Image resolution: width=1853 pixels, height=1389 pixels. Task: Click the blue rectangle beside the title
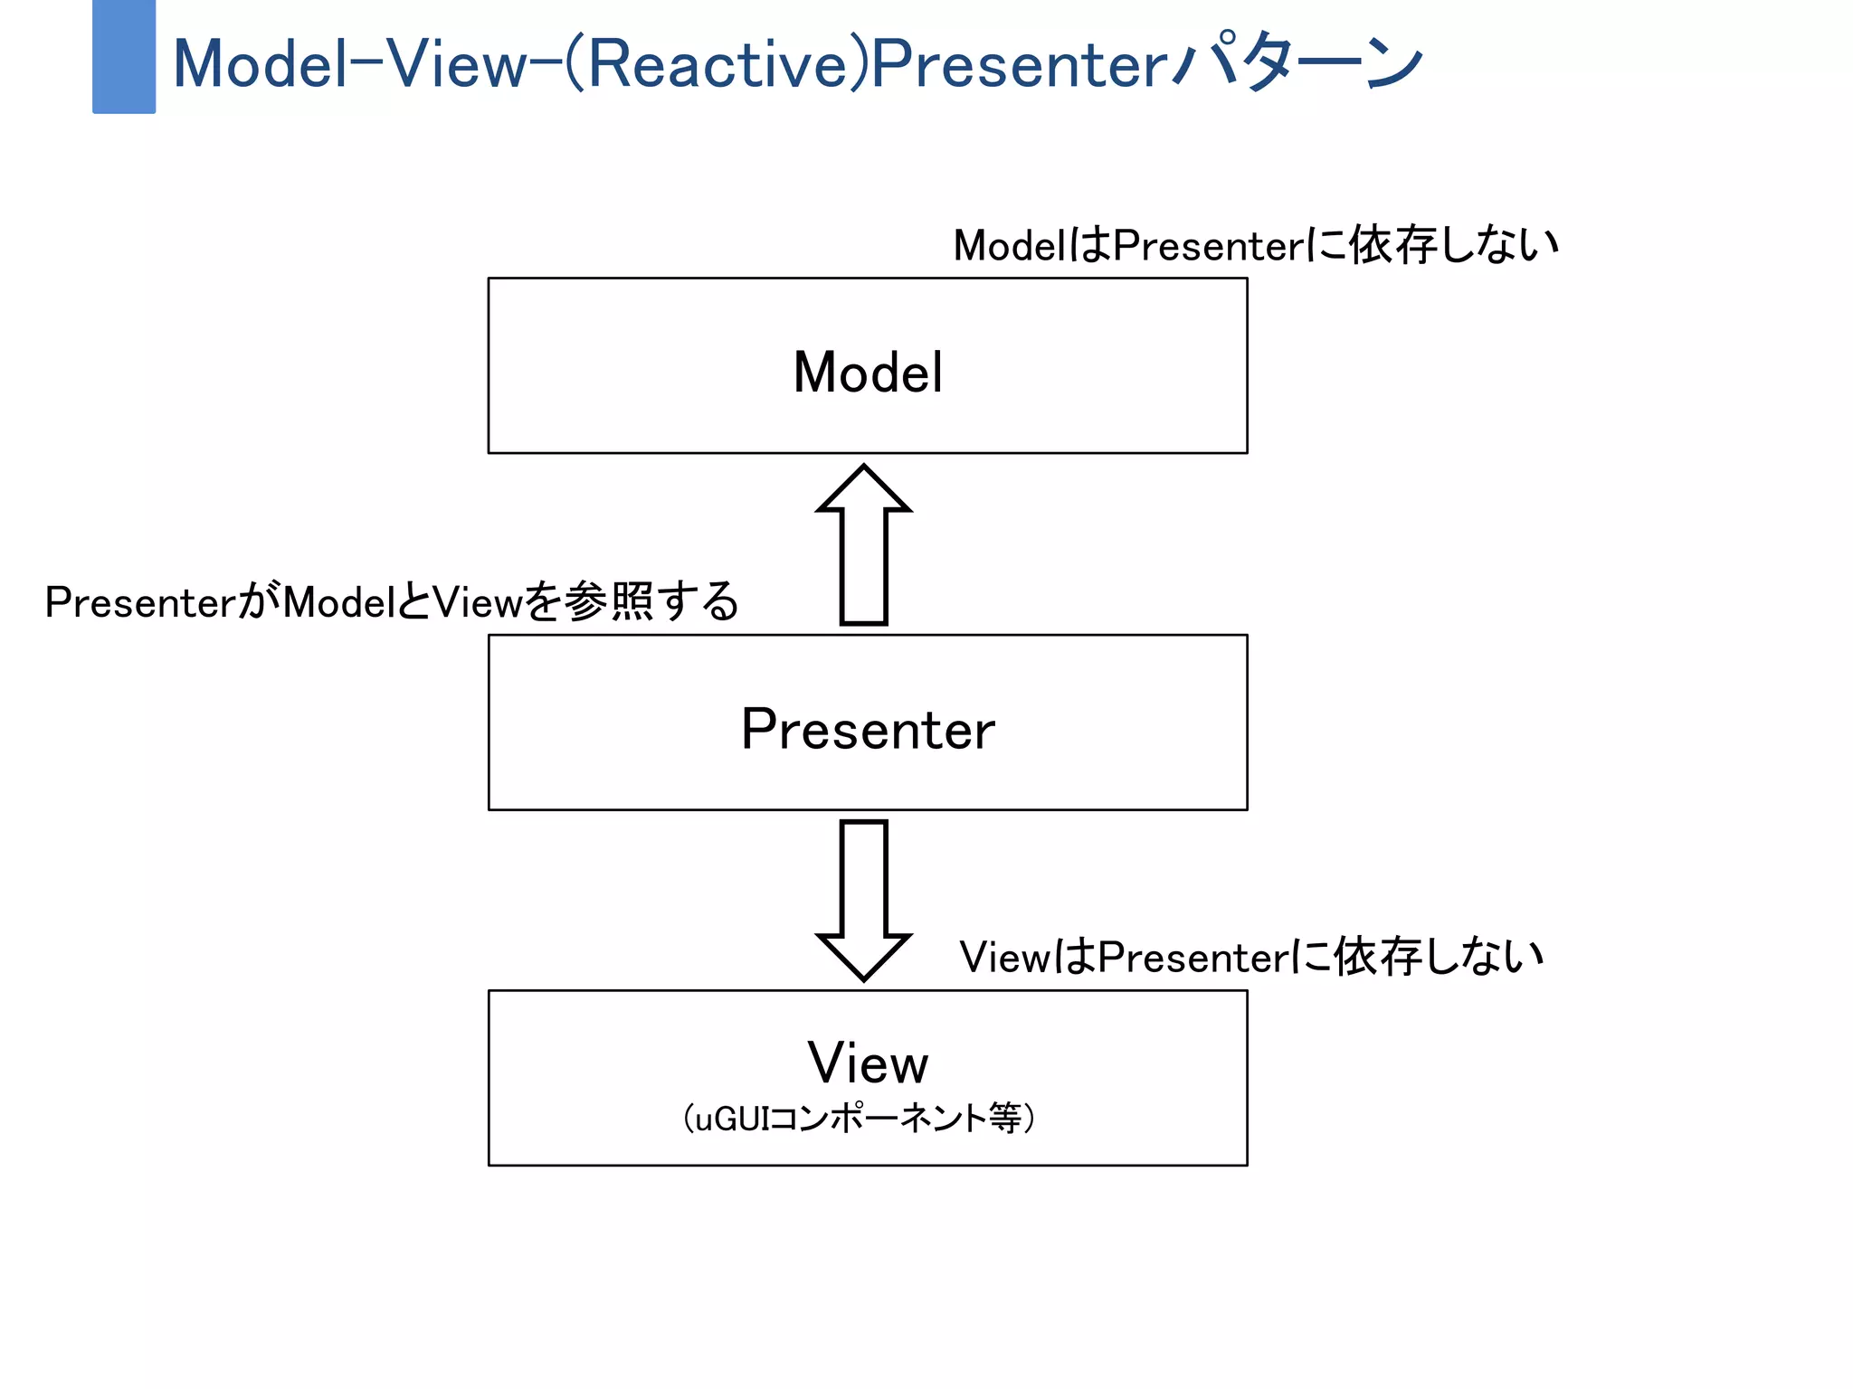tap(124, 57)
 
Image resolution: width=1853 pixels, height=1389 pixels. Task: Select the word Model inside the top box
tap(868, 372)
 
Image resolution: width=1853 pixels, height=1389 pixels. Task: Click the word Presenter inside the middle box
tap(868, 729)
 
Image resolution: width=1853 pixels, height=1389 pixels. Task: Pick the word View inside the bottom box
tap(868, 1063)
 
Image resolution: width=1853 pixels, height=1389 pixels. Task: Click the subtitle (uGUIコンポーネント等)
tap(859, 1119)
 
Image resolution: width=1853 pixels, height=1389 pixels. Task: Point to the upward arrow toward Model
tap(863, 552)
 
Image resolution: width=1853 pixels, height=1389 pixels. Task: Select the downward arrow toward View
tap(863, 895)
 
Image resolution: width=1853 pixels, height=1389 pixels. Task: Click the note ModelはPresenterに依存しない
tap(1256, 245)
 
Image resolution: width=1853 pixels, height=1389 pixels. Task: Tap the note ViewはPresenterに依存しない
tap(1251, 957)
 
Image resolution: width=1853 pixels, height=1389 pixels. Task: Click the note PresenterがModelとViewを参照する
tap(392, 602)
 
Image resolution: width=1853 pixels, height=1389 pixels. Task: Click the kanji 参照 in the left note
tap(609, 601)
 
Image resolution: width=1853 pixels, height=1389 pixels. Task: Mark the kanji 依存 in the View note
tap(1378, 957)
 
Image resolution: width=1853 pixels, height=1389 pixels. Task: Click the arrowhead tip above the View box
tap(863, 977)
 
